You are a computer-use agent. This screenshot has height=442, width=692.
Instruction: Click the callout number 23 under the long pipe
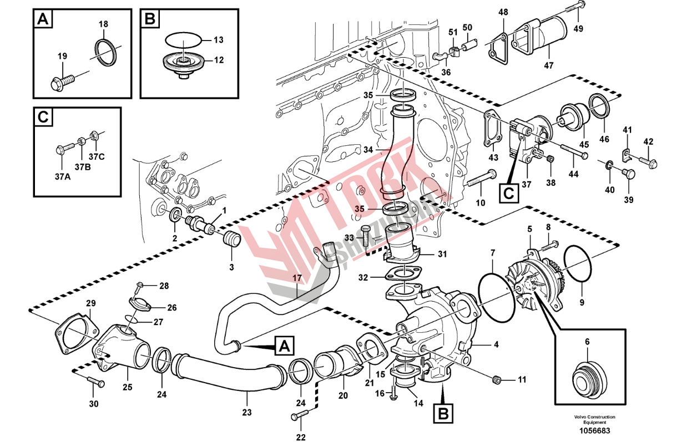coord(247,412)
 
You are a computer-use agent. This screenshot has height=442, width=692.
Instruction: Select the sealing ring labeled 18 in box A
coord(104,52)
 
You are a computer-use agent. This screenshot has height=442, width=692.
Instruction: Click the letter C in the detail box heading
coord(43,118)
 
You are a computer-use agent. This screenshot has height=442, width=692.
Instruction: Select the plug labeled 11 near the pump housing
coord(497,380)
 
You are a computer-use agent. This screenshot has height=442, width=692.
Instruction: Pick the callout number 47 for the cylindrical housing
coord(548,65)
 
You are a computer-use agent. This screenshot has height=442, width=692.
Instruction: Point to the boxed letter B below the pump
coord(442,413)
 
